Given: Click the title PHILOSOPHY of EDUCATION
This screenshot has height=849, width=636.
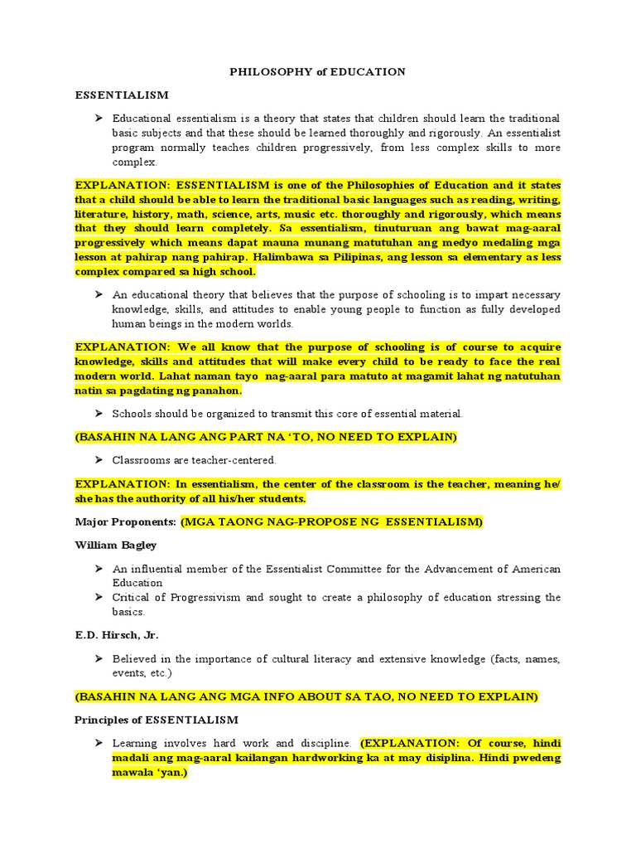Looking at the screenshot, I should tap(317, 72).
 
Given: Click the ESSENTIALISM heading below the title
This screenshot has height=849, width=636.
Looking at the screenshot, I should tap(122, 95).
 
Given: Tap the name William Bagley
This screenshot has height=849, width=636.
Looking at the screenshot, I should tap(115, 546).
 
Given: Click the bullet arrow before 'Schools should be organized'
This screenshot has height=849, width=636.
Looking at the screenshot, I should tap(98, 413).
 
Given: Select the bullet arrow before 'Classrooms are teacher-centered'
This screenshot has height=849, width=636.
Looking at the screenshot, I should tap(98, 460).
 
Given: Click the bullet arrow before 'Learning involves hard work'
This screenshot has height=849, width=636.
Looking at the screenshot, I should tap(98, 744).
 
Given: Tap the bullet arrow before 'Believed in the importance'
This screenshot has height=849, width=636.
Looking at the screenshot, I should tap(98, 659).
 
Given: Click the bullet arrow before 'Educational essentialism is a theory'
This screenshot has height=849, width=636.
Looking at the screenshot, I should tap(98, 119).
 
